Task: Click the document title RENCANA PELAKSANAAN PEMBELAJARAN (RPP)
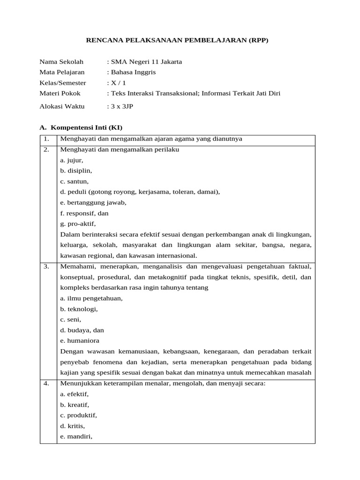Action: [x=177, y=40]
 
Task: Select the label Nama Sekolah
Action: [x=61, y=61]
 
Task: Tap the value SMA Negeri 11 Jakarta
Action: [x=145, y=61]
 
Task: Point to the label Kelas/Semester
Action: [x=63, y=83]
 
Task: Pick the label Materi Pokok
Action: [x=60, y=93]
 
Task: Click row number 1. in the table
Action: [x=46, y=139]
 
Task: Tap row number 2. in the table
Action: [x=46, y=150]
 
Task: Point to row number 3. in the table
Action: [x=46, y=266]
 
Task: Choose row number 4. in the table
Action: [x=46, y=383]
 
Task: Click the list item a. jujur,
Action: [x=72, y=160]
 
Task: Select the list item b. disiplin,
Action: [x=76, y=171]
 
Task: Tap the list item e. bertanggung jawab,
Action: [x=93, y=202]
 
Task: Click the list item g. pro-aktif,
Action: [x=78, y=224]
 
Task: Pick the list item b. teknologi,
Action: [x=79, y=309]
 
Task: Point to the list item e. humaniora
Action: [x=80, y=341]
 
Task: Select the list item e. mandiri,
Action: [x=76, y=436]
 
